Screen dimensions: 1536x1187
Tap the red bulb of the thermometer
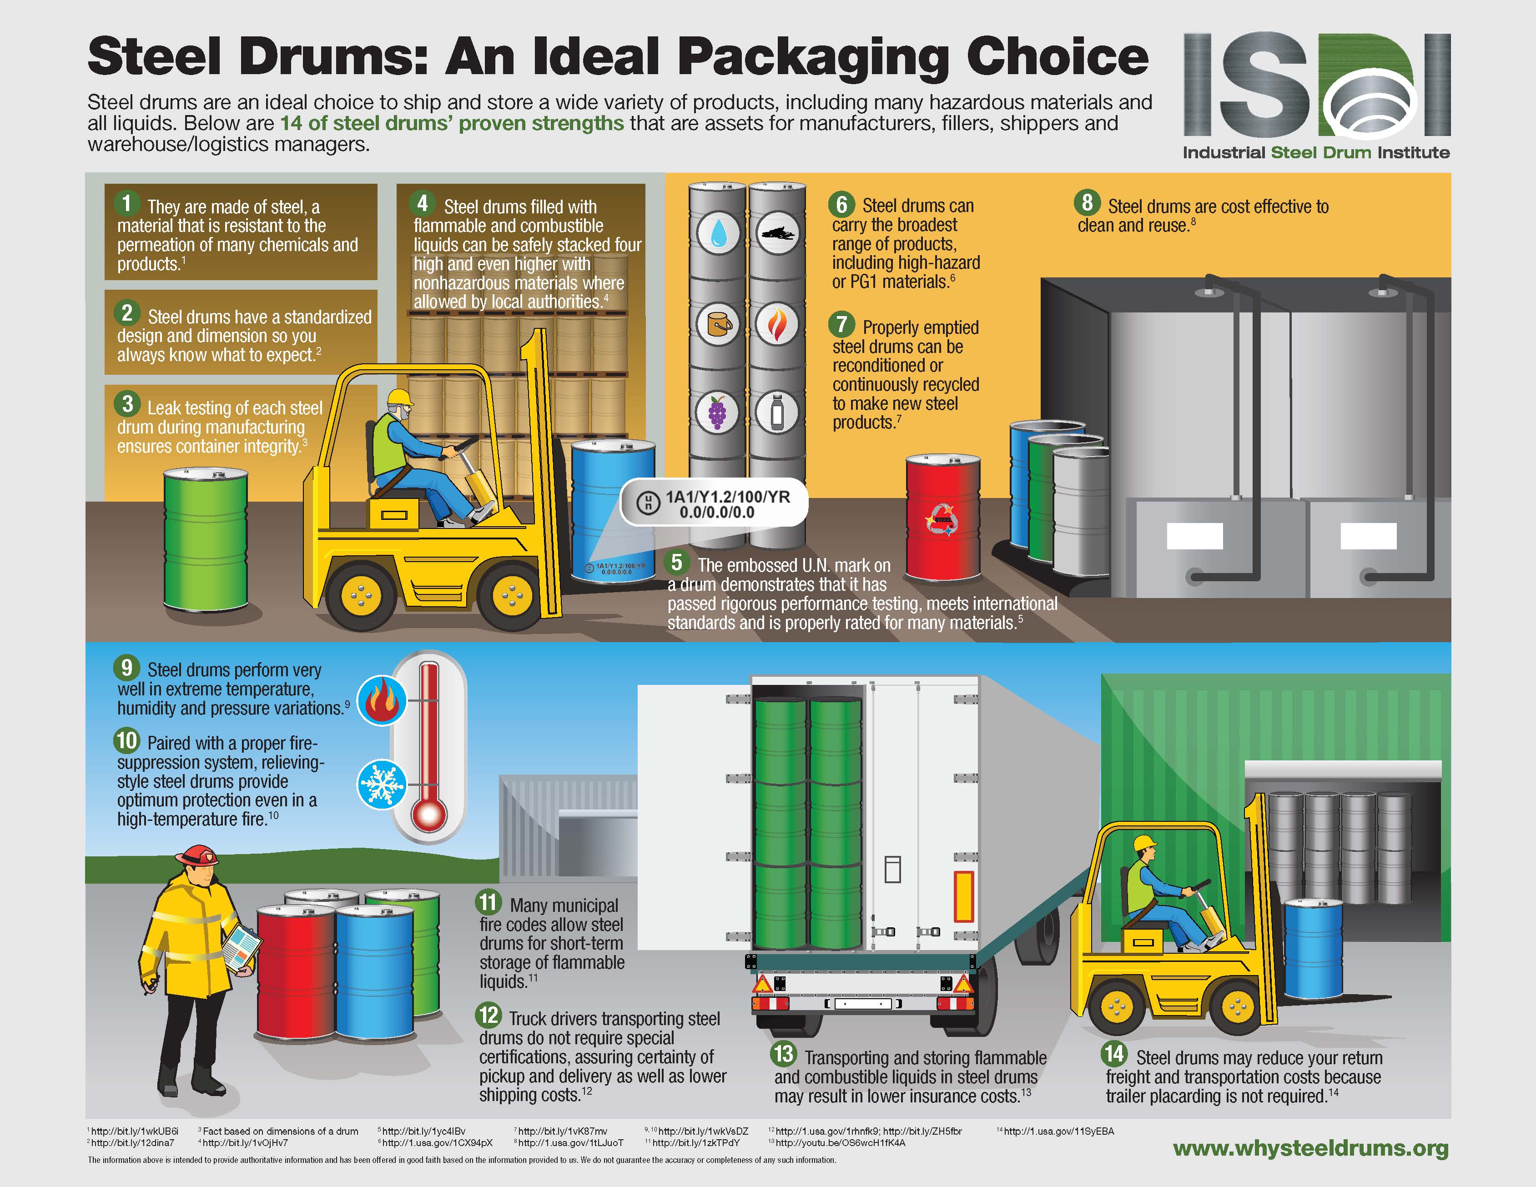coord(429,816)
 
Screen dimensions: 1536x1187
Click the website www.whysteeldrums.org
coord(1311,1148)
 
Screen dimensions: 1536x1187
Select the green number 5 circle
coord(676,562)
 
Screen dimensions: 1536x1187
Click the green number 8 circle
coord(1087,202)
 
